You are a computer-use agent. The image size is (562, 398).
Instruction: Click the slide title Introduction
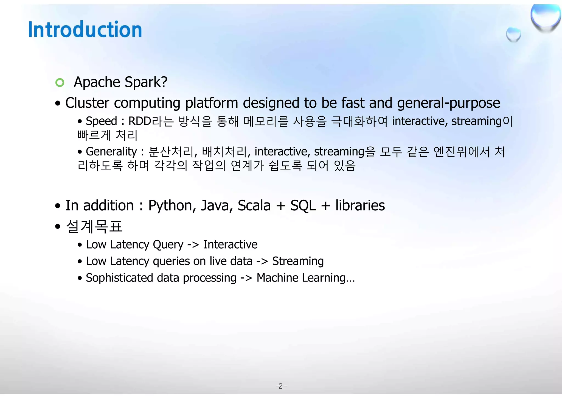click(x=85, y=29)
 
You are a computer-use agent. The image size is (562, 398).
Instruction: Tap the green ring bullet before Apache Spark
click(x=60, y=82)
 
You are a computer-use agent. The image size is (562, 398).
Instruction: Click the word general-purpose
click(x=448, y=103)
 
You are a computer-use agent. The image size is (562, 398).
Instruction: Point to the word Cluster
click(x=87, y=103)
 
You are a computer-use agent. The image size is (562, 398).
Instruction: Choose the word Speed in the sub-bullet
click(x=102, y=121)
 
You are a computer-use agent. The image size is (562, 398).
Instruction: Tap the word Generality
click(x=111, y=152)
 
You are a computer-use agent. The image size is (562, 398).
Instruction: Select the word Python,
click(x=172, y=206)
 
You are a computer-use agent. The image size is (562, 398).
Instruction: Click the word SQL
click(x=303, y=206)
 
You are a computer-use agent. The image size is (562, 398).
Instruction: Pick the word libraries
click(x=360, y=205)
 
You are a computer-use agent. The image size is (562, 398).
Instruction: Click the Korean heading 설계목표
click(x=94, y=227)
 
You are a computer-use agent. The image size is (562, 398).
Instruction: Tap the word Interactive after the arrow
click(x=230, y=244)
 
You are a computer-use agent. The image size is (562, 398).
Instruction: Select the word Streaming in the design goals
click(x=298, y=261)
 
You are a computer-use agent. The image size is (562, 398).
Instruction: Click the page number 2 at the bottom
click(x=281, y=386)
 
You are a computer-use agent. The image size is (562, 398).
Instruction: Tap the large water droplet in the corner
click(x=546, y=18)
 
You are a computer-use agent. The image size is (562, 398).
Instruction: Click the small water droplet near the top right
click(x=513, y=35)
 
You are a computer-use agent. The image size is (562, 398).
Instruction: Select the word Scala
click(x=254, y=206)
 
